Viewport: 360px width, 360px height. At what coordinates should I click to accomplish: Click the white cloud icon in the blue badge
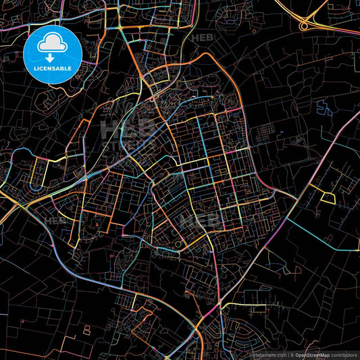coord(52,44)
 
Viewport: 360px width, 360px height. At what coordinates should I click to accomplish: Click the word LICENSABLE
coord(52,69)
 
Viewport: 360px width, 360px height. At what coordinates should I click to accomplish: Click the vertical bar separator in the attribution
coord(288,355)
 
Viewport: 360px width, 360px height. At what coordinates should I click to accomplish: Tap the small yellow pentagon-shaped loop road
coord(328,197)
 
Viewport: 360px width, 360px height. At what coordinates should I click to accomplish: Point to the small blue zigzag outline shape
coord(324,107)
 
